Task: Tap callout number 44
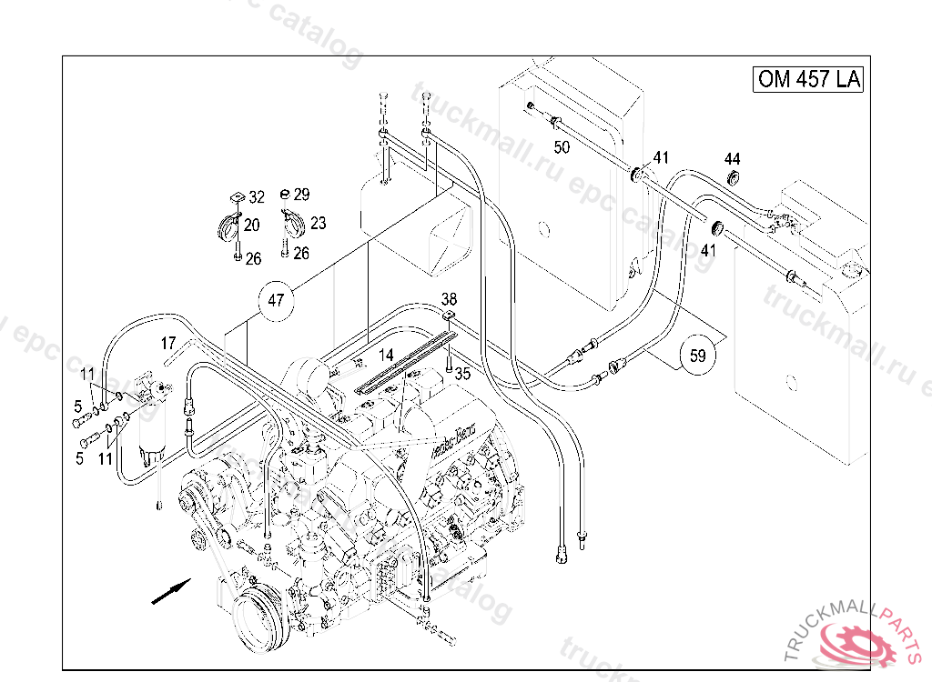click(x=733, y=158)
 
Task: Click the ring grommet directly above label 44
click(x=734, y=176)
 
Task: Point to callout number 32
click(x=257, y=196)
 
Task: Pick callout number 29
click(x=302, y=194)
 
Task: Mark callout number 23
click(x=318, y=223)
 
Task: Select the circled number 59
click(x=698, y=356)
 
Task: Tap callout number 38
click(x=450, y=299)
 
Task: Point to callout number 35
click(x=463, y=373)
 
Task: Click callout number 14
click(x=386, y=354)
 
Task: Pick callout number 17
click(x=168, y=343)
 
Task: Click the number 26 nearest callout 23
click(x=301, y=253)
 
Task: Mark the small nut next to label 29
click(x=284, y=194)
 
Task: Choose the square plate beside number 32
click(x=235, y=195)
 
